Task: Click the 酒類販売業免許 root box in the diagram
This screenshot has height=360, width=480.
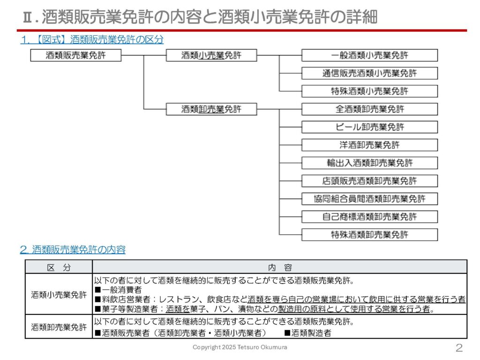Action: pos(76,55)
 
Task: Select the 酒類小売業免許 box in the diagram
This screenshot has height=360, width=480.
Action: pos(211,55)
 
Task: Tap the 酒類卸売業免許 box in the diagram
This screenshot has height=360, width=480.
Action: pos(211,109)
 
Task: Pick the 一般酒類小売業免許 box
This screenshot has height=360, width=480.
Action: pos(369,55)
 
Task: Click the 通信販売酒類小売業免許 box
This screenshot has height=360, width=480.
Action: pos(369,73)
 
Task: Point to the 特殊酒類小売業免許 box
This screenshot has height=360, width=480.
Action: pos(369,91)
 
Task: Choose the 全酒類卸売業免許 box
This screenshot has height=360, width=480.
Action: pos(369,109)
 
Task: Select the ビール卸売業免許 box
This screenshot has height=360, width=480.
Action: pos(369,127)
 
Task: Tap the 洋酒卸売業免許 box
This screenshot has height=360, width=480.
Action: pos(369,145)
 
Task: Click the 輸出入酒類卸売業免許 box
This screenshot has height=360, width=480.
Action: pos(369,163)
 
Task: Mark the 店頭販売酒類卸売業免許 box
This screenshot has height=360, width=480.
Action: pos(369,181)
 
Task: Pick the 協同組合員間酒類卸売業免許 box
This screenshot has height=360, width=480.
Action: pos(369,199)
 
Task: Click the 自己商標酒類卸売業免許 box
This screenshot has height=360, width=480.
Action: pos(369,217)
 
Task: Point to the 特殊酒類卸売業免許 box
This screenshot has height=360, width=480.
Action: pos(369,235)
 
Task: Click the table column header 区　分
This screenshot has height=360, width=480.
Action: pos(59,267)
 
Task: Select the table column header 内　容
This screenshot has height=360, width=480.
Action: pos(280,267)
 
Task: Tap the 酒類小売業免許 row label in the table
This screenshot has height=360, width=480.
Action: pos(59,294)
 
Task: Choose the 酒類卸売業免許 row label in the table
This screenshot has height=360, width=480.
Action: pos(59,327)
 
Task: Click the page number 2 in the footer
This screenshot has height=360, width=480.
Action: pos(459,348)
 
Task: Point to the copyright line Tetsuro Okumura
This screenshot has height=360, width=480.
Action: pos(240,347)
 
